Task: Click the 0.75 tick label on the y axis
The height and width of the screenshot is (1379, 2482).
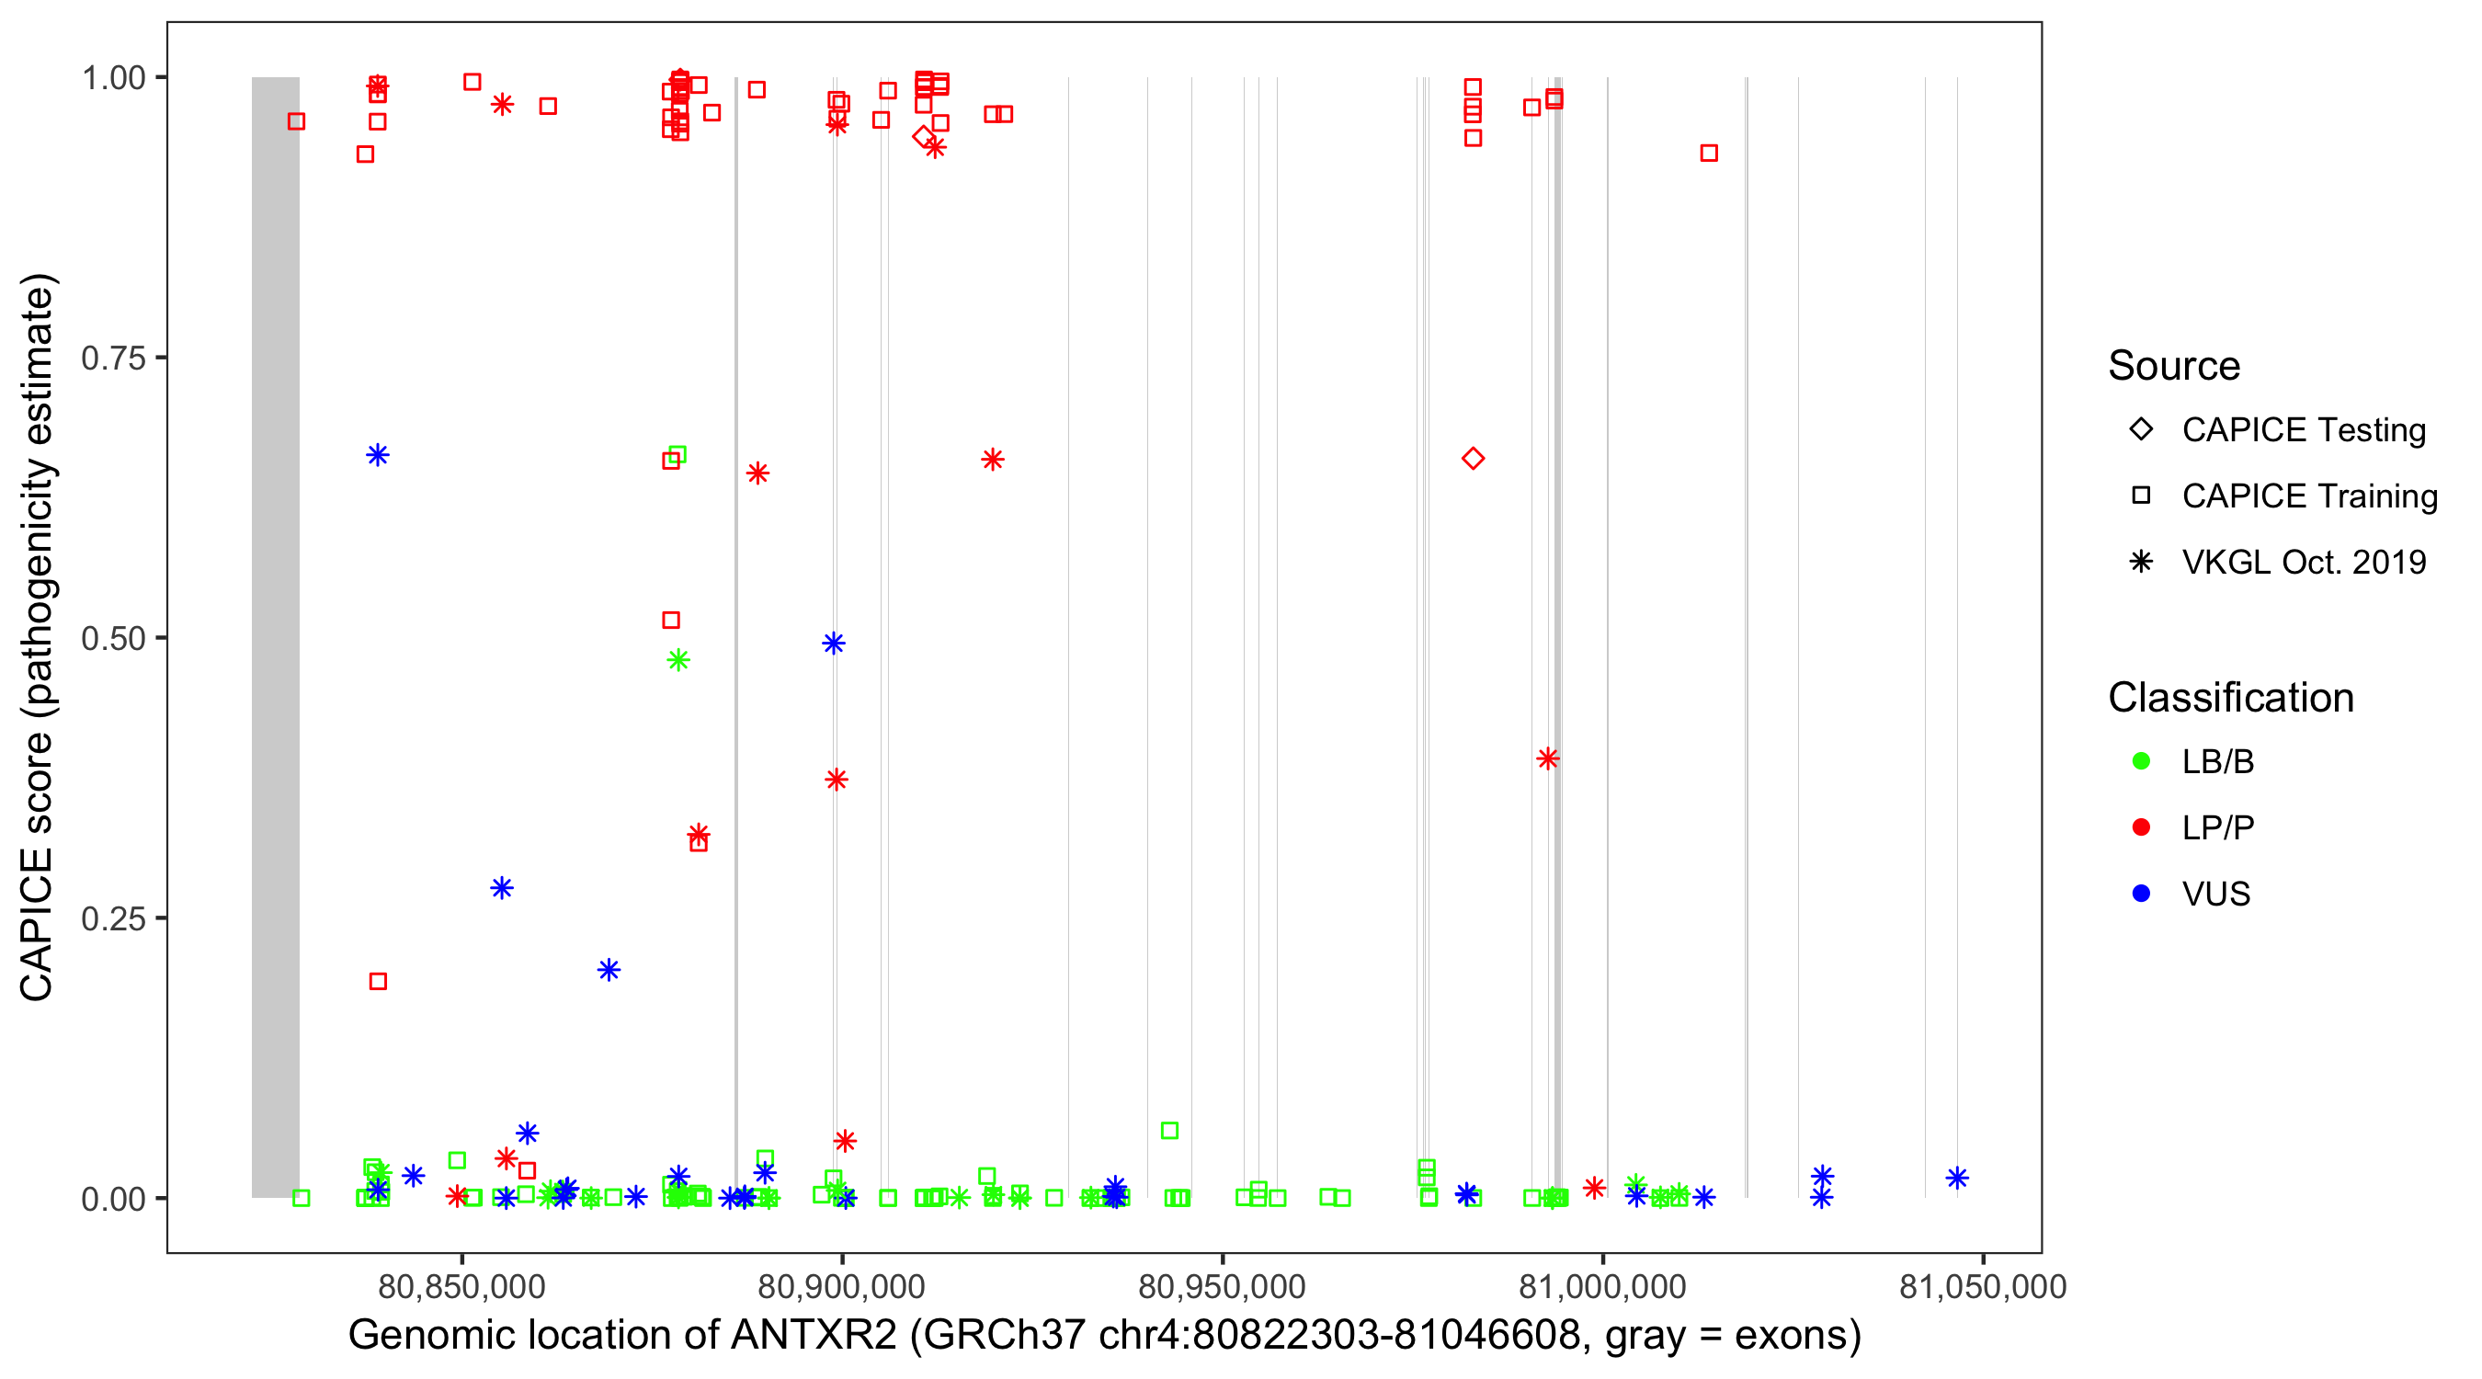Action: click(x=113, y=359)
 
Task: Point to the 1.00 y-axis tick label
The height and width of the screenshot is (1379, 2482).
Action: click(x=113, y=78)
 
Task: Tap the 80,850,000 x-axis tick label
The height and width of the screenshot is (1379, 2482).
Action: click(x=461, y=1286)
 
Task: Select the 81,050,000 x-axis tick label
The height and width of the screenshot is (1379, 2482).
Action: click(x=1982, y=1286)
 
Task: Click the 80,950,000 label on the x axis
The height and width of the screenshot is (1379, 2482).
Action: click(x=1222, y=1286)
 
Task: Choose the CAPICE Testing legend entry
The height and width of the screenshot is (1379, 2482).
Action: click(x=2303, y=430)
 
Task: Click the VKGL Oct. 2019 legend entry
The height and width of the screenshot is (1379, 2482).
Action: click(x=2303, y=562)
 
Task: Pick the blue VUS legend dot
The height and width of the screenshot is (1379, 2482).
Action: click(x=2141, y=894)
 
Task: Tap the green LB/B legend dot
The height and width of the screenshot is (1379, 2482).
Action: click(x=2141, y=761)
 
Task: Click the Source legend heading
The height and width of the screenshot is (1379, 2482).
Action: click(x=2174, y=366)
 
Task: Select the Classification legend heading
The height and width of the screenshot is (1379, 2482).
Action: click(x=2230, y=698)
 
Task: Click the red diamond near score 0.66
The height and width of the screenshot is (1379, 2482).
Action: click(x=1473, y=459)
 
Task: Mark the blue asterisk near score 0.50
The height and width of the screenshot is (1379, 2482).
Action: click(x=834, y=643)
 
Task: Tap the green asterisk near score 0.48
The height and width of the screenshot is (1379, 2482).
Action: click(x=678, y=660)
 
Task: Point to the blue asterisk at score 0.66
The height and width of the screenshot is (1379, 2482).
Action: click(x=378, y=455)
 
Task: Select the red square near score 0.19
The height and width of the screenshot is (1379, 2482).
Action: click(x=378, y=981)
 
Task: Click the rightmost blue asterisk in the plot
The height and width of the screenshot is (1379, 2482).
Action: click(x=1956, y=1178)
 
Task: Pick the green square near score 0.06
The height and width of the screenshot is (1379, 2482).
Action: click(x=1168, y=1131)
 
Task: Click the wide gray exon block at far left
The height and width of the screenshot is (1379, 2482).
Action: click(x=276, y=636)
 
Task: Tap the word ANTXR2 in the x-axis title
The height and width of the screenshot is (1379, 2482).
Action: click(x=814, y=1336)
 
